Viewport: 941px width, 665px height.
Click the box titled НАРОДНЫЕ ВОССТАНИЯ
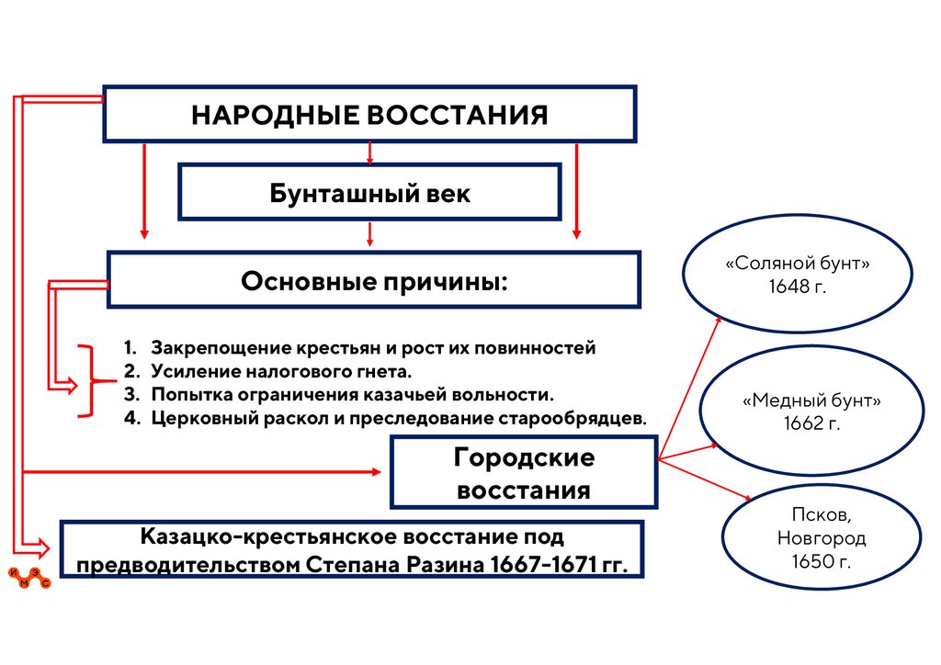(x=369, y=115)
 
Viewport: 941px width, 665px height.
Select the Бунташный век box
(x=369, y=193)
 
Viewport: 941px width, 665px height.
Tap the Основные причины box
(x=373, y=279)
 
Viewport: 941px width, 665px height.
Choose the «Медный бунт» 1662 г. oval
(x=811, y=413)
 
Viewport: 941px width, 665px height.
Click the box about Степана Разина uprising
(x=353, y=549)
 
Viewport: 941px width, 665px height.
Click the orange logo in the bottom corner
(x=33, y=576)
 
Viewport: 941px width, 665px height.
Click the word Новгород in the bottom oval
(x=808, y=539)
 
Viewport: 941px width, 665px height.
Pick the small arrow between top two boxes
(x=369, y=152)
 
